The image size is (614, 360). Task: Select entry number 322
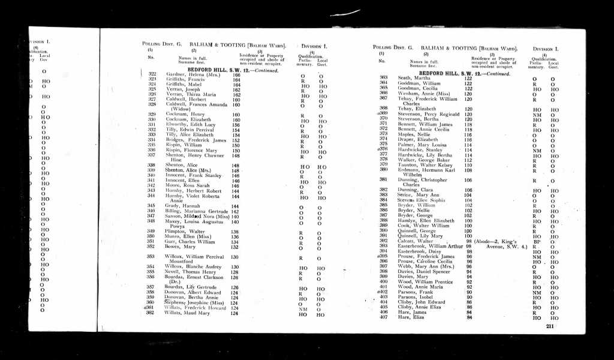click(152, 74)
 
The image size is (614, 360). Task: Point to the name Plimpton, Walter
click(182, 231)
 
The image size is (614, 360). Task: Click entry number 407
click(384, 317)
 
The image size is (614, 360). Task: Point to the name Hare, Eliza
click(410, 317)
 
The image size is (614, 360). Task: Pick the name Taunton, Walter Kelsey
click(425, 164)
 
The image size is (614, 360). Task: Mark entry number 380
click(384, 170)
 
